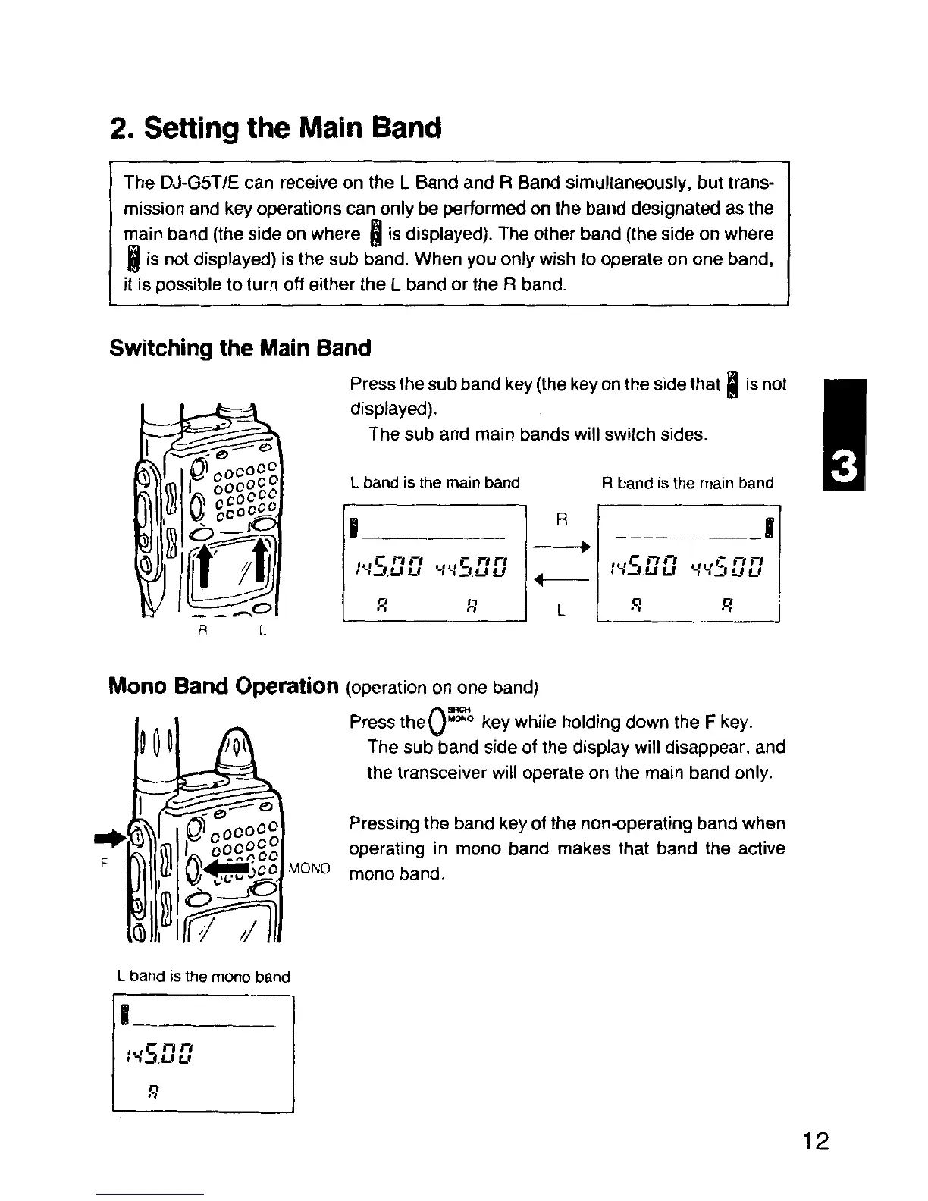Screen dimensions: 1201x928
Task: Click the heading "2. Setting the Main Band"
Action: coord(275,128)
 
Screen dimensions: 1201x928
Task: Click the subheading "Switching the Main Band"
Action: coord(240,348)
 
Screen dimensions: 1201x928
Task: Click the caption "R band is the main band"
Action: coord(688,483)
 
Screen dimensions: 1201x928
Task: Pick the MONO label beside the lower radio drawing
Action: coord(310,867)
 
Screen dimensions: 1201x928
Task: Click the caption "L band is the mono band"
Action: coord(204,977)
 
